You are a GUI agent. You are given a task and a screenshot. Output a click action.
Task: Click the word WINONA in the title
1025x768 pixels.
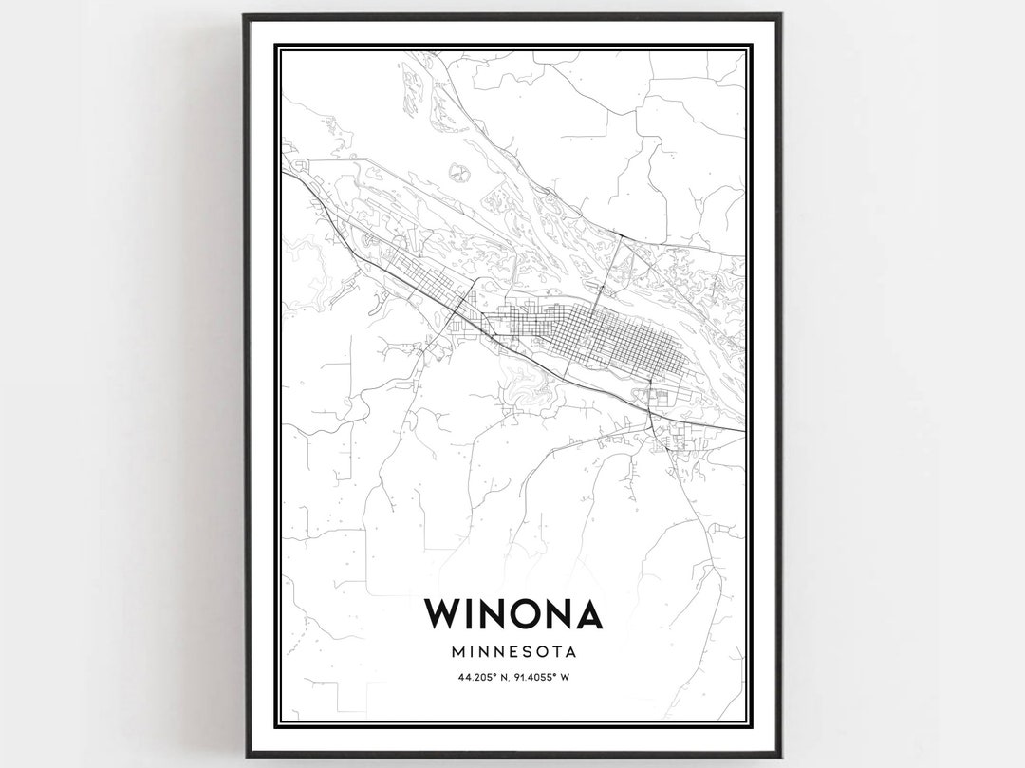(513, 613)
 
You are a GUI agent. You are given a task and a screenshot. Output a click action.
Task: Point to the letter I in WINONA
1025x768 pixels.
(476, 613)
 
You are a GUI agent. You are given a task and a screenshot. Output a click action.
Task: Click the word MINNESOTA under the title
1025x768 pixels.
(513, 652)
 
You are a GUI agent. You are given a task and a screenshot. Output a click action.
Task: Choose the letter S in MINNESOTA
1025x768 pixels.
(529, 652)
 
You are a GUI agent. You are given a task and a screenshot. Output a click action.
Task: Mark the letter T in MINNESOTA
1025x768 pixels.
(556, 652)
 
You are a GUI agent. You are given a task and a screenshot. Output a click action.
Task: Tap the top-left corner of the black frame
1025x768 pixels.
(245, 16)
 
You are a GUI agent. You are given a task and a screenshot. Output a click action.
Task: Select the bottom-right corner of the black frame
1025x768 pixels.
(780, 756)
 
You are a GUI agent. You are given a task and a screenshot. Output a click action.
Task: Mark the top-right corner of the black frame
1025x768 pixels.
(780, 16)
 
